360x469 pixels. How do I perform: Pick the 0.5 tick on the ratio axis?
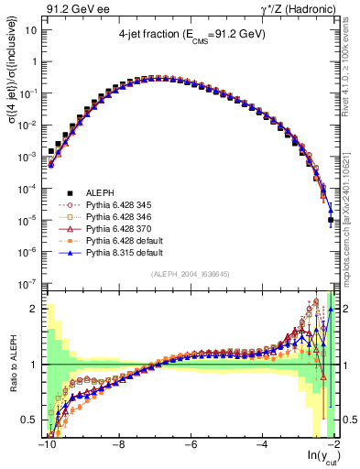click(29, 420)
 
